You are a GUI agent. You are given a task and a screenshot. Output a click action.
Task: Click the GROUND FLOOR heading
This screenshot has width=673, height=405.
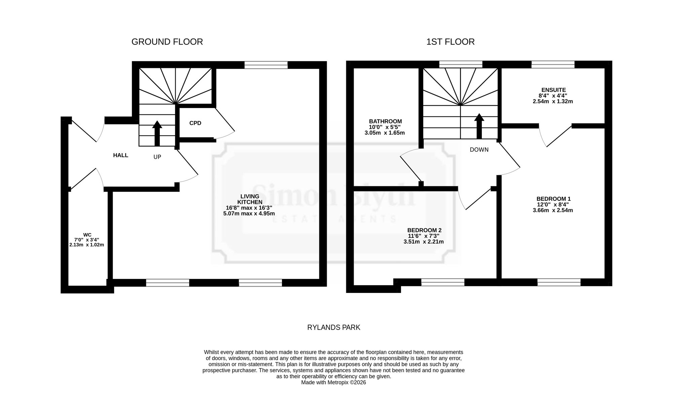[x=167, y=42]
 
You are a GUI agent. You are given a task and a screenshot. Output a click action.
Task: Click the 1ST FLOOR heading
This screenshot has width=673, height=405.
[x=450, y=42]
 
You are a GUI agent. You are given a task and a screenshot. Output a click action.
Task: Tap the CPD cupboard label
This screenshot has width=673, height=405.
[x=195, y=123]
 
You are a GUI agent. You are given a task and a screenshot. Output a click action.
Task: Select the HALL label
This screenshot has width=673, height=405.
[x=120, y=155]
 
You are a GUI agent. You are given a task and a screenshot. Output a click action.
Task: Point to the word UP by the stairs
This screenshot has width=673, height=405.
[x=157, y=157]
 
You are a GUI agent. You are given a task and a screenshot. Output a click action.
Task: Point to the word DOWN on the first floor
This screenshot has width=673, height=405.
[x=479, y=150]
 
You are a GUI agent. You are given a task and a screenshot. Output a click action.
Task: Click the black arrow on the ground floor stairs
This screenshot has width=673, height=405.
[x=157, y=133]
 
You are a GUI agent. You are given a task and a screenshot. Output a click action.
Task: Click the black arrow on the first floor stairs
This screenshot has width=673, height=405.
[x=479, y=126]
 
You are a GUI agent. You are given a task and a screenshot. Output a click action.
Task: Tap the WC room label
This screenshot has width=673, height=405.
[x=87, y=235]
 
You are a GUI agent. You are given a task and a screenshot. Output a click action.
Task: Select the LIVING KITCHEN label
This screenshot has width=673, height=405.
[x=250, y=199]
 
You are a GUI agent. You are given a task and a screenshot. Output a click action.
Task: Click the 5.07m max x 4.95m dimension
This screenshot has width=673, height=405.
[x=249, y=213]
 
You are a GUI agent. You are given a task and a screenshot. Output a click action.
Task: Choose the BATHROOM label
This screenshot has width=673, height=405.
[x=385, y=121]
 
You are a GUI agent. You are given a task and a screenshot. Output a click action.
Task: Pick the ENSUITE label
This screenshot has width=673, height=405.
[x=554, y=90]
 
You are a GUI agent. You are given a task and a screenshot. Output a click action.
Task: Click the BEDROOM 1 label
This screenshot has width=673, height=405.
[x=554, y=199]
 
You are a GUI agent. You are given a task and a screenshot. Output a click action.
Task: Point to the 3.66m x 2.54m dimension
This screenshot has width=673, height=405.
[x=553, y=210]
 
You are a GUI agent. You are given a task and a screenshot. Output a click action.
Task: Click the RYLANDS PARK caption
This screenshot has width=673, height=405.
[x=334, y=327]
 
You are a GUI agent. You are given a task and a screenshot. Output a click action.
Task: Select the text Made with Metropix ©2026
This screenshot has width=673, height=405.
[x=333, y=382]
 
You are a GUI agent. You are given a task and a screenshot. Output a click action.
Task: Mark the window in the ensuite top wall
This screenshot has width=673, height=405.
[x=553, y=65]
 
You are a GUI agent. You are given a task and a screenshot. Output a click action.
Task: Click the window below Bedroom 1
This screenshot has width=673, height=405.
[x=559, y=282]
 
